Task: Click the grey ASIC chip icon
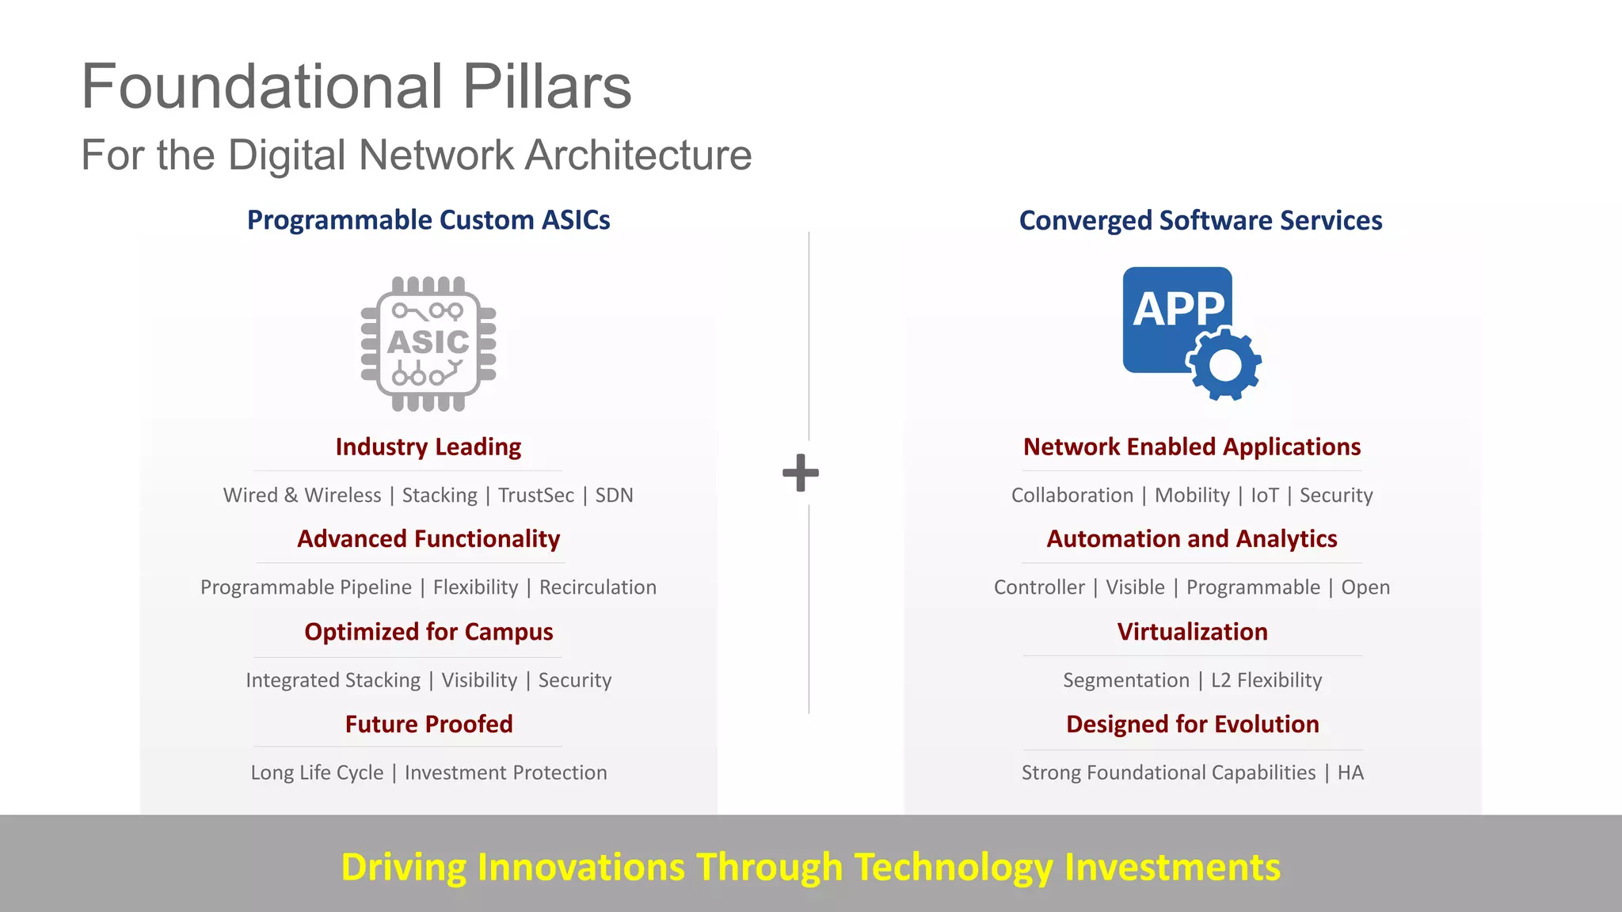428,344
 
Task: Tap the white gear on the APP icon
1224,365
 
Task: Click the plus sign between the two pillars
801,473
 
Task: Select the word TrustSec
536,496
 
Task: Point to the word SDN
614,496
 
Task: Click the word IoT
1265,496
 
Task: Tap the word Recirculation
598,587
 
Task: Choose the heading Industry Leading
428,447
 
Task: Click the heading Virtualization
1192,632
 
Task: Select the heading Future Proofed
428,724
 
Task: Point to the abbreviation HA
1350,773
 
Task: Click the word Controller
1039,587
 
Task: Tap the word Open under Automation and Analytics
1365,587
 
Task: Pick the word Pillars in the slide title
546,86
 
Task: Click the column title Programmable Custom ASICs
428,220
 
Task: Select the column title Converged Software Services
1201,220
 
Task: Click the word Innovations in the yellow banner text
581,867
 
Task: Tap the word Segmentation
1126,680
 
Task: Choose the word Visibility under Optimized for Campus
479,680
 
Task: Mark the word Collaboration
1072,496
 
